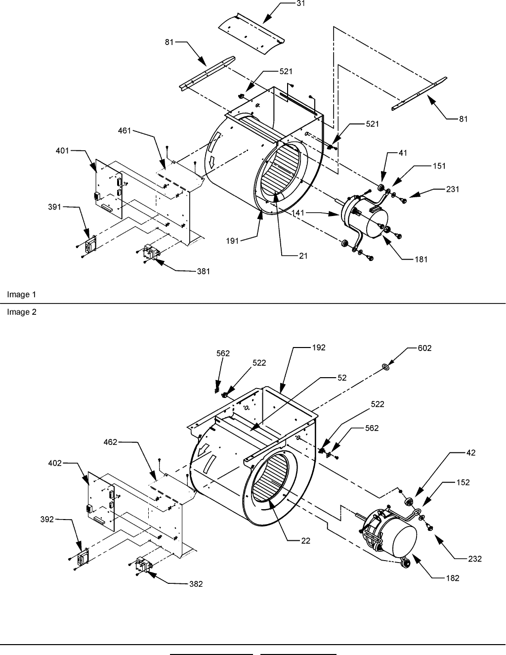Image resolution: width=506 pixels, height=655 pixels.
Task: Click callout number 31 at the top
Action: tap(301, 3)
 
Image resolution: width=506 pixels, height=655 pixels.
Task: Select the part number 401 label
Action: tap(62, 150)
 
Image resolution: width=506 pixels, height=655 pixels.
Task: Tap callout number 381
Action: tap(204, 271)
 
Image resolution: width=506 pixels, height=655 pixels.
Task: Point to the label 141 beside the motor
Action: tap(298, 213)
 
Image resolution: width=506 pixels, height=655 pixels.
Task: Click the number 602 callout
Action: tap(424, 348)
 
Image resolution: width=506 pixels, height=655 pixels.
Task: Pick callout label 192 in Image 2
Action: tap(319, 348)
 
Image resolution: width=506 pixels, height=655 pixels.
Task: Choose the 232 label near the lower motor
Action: tap(475, 559)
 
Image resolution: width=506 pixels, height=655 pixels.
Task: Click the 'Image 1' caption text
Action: tap(21, 295)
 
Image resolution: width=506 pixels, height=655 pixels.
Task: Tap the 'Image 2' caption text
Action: tap(22, 312)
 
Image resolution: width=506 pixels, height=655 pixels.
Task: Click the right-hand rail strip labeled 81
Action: tap(419, 93)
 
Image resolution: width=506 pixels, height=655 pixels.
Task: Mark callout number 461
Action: tap(125, 131)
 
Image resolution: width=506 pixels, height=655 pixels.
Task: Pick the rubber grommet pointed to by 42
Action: tap(409, 502)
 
